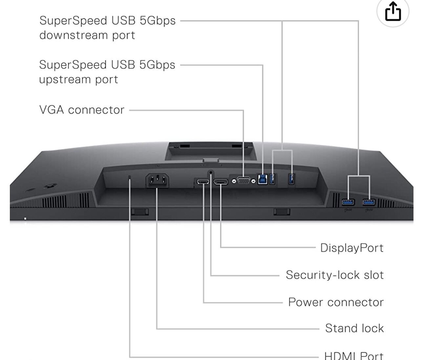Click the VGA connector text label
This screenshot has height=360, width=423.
[82, 110]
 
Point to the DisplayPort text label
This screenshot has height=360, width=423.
[351, 248]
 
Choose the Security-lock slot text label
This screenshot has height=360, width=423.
[334, 275]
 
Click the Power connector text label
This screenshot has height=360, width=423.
[335, 302]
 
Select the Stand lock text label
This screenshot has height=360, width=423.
[354, 328]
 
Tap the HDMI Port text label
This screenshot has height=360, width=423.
[353, 355]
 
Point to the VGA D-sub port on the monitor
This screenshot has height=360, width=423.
[243, 180]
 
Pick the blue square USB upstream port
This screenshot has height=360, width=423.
[262, 179]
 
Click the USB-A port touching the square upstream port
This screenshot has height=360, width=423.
[272, 179]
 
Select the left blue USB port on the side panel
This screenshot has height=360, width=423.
[348, 202]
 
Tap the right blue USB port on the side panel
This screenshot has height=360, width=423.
[369, 202]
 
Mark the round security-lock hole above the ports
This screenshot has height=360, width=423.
[210, 172]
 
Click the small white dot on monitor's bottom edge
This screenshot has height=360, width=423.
[25, 218]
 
